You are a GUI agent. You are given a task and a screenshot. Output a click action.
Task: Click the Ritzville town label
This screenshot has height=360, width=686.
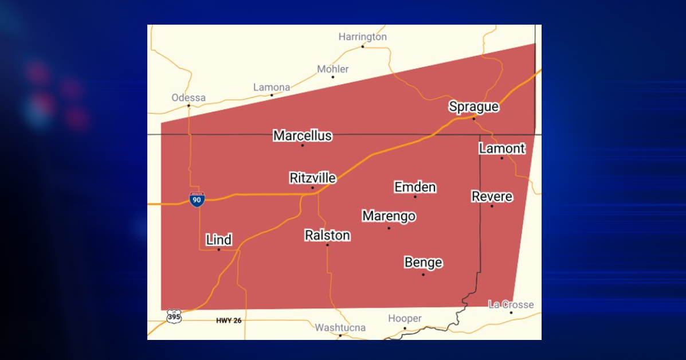point(312,178)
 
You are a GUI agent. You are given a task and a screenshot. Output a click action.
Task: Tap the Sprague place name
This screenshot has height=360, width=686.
point(473,107)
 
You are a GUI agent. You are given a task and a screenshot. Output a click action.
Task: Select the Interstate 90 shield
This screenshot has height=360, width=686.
point(197,199)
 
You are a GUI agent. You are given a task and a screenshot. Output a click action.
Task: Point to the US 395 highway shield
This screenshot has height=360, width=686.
point(174,316)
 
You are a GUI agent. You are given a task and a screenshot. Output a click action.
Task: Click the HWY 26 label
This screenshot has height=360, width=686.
point(229,320)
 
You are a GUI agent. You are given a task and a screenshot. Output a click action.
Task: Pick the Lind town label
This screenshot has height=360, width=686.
point(218,240)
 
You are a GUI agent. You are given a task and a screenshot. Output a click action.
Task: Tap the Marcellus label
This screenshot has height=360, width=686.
point(302,136)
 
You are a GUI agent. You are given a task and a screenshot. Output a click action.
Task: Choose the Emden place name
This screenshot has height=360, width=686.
point(415,187)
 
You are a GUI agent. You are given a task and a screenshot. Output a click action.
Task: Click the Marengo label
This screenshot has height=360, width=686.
point(389,217)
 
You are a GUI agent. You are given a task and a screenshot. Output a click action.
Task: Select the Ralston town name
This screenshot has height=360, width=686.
point(327,236)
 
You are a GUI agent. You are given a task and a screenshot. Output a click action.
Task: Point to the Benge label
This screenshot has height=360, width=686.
point(423,263)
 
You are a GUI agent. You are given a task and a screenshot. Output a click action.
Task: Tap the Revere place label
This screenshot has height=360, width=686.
point(492,197)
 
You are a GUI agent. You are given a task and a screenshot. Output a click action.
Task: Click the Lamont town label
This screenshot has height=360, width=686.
point(501,149)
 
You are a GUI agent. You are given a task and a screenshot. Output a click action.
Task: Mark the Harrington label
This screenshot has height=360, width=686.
point(362,37)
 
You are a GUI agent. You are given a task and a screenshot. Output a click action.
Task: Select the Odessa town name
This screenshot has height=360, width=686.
point(189,97)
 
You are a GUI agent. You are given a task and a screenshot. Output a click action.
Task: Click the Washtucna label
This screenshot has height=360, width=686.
point(340,328)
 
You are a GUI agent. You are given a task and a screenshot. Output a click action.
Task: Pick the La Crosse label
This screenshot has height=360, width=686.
point(511,304)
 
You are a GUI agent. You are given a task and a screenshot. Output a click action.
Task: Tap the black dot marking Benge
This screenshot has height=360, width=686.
point(423,275)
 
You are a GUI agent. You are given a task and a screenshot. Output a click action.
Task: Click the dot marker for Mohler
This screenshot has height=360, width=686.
point(332,77)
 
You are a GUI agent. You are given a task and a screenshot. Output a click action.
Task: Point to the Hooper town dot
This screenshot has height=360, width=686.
point(405,328)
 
